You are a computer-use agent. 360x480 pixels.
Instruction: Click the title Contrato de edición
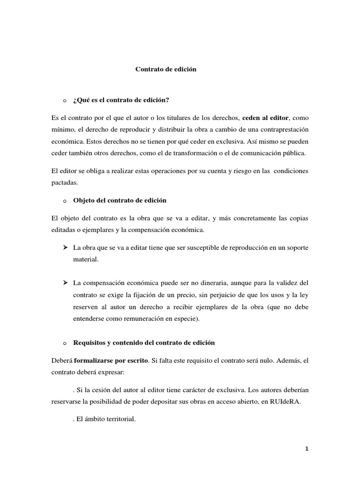pos(165,69)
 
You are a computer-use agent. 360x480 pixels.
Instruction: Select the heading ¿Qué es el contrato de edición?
pos(120,100)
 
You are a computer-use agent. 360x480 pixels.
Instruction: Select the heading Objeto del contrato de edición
pos(120,200)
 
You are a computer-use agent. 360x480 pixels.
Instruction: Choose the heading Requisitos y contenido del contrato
pos(144,343)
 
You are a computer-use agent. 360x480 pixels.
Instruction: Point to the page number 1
pos(307,449)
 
